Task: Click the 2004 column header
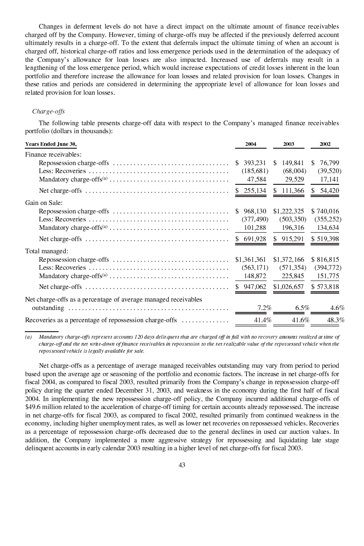pyautogui.click(x=250, y=144)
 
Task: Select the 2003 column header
pyautogui.click(x=289, y=144)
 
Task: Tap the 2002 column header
pyautogui.click(x=325, y=144)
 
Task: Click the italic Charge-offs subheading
pyautogui.click(x=48, y=112)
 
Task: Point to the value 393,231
pyautogui.click(x=255, y=163)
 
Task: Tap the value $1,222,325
pyautogui.click(x=289, y=212)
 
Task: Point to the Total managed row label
pyautogui.click(x=46, y=251)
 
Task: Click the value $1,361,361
pyautogui.click(x=251, y=259)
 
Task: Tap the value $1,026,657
pyautogui.click(x=289, y=287)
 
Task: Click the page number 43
pyautogui.click(x=182, y=465)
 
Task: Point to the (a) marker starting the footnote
pyautogui.click(x=29, y=337)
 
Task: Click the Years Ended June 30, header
pyautogui.click(x=51, y=144)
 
